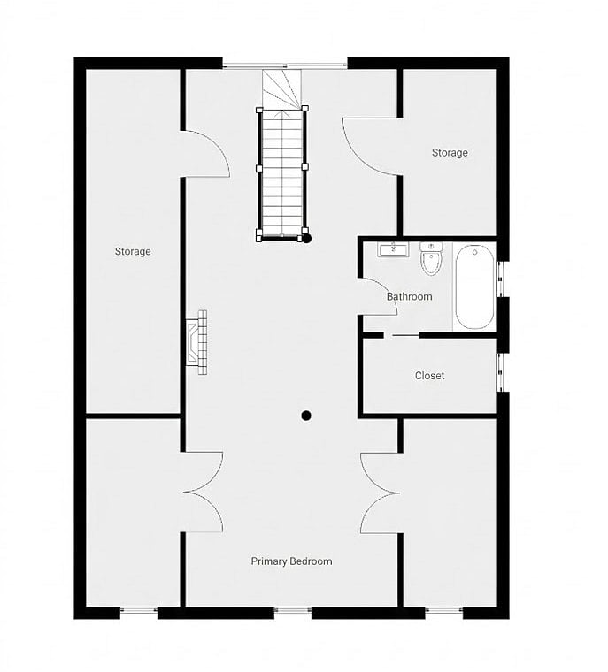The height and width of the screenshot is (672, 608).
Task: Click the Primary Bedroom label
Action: coord(291,561)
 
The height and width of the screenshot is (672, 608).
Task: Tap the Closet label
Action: coord(429,376)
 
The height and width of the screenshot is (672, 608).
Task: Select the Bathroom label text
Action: coord(410,296)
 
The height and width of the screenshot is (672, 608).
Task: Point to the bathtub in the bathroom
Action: coord(474,287)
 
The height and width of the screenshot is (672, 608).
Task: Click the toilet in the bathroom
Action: coord(431,259)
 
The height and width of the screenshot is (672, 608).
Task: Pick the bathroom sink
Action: coord(393,249)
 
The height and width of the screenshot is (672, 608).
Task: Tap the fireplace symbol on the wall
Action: coord(196,342)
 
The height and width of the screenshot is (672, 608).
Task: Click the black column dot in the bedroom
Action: coord(306,416)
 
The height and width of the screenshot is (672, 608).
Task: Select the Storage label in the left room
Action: coord(133,251)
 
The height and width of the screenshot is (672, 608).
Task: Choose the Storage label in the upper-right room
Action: coord(450,153)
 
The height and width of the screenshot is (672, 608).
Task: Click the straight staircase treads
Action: coord(282,172)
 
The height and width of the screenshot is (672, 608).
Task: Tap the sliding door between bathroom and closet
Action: coord(405,335)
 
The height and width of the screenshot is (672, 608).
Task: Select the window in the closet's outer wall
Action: coord(500,372)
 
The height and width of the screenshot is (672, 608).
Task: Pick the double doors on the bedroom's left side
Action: coord(203,492)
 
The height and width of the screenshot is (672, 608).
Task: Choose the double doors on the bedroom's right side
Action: coord(380,493)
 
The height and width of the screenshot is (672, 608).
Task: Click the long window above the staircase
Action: coord(285,65)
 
